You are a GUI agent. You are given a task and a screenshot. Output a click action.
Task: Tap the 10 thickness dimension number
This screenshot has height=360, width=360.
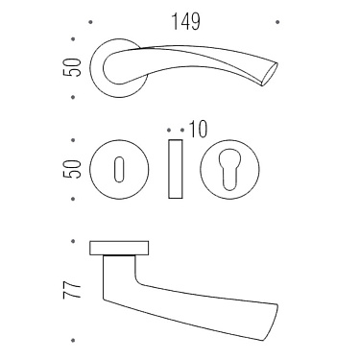tap(199, 128)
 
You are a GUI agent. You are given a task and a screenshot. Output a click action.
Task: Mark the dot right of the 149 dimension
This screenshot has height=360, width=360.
tap(276, 19)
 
